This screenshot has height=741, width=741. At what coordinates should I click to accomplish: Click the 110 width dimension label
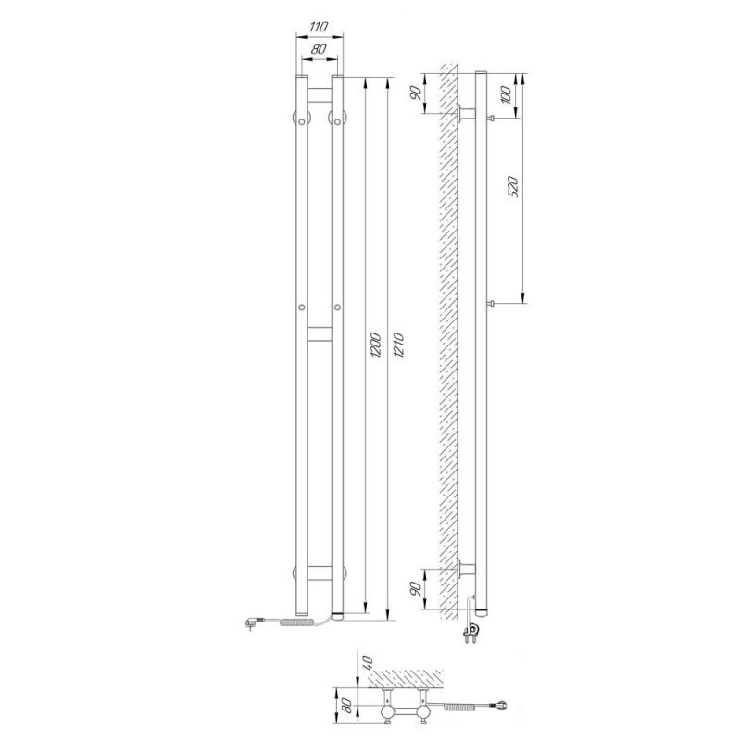point(319,27)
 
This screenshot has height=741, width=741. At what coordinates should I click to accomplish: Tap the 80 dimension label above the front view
point(320,49)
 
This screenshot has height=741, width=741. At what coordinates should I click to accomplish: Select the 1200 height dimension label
point(375,345)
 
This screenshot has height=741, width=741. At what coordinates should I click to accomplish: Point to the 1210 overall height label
point(398,345)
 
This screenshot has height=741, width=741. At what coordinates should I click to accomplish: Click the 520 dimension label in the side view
point(513,187)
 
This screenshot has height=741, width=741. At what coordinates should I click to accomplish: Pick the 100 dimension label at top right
point(505,95)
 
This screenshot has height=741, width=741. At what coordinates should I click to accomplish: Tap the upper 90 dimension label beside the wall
point(415,94)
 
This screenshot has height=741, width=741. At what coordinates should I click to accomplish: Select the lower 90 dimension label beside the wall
point(415,588)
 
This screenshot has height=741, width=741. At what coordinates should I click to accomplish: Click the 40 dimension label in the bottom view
point(369,661)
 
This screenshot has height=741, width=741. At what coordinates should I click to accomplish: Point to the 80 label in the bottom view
point(346,706)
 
